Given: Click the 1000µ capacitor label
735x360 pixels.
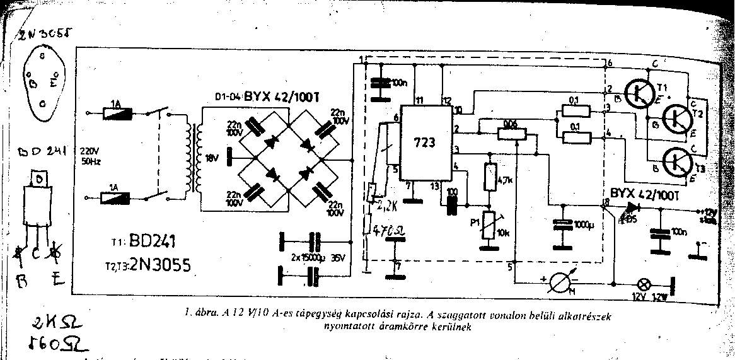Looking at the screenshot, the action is click(582, 225).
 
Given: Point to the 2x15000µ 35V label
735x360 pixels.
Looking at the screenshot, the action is click(320, 256).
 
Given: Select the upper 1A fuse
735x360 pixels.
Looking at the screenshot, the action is click(118, 114).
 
